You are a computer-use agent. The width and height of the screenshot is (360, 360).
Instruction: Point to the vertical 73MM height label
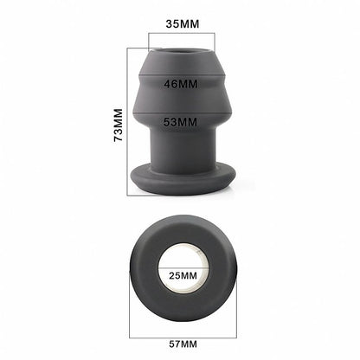point(119,124)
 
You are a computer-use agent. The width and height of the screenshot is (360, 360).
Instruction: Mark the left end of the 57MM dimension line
point(130,332)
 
